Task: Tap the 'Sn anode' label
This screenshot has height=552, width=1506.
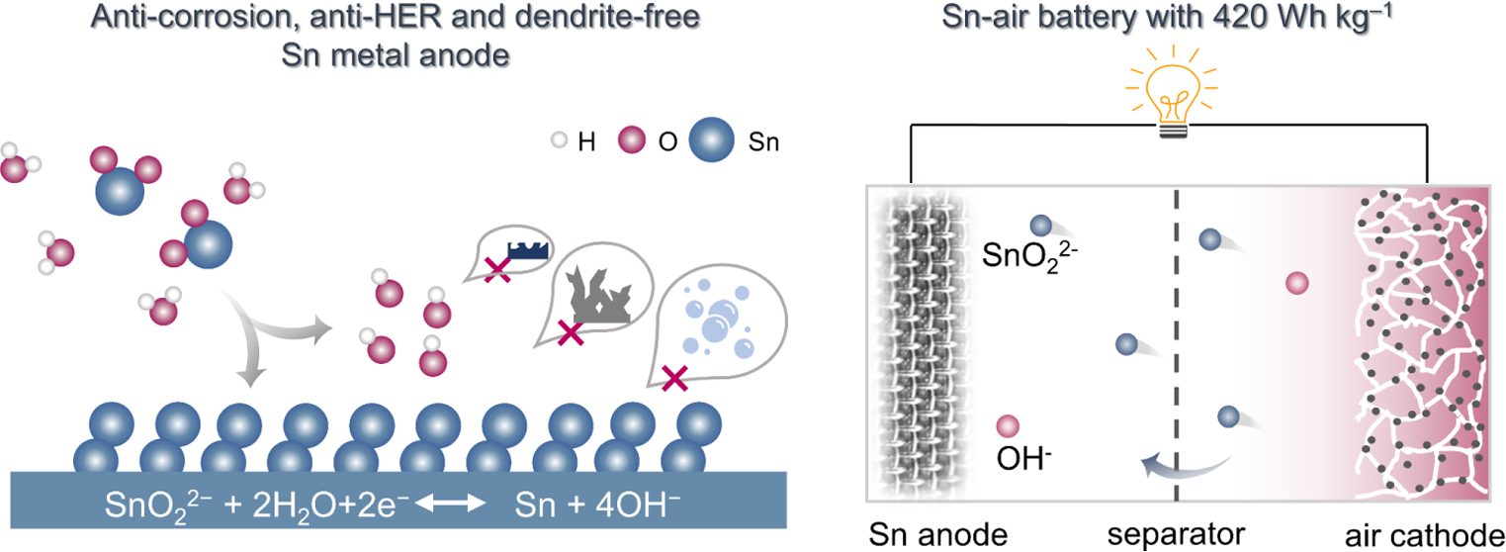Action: click(x=937, y=534)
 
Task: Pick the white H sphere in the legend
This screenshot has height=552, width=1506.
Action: click(x=559, y=141)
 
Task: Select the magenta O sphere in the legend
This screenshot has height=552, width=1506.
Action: click(x=628, y=141)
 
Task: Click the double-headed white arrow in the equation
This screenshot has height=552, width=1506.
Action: click(x=450, y=504)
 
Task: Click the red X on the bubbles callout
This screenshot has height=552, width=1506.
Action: click(x=674, y=377)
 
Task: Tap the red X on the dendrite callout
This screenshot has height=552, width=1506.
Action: click(x=570, y=334)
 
